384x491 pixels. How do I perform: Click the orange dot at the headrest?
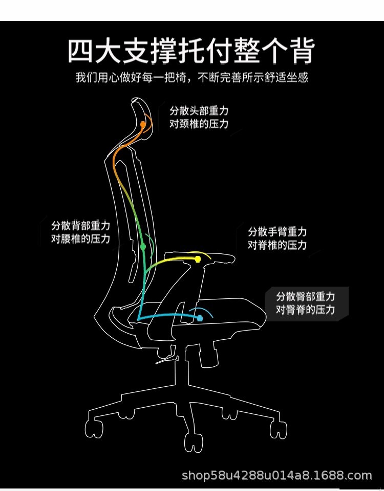coord(143,124)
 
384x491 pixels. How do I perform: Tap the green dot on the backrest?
coord(143,247)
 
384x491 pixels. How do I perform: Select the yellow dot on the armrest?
coord(198,259)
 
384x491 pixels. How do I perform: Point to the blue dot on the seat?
coord(200,318)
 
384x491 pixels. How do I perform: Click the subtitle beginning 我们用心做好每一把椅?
coord(191,78)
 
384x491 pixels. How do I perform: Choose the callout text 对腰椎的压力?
coord(80,239)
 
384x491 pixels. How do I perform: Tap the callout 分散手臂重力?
coord(277,231)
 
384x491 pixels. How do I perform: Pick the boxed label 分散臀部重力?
coord(306,296)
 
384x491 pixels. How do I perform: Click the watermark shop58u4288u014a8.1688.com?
coord(277,476)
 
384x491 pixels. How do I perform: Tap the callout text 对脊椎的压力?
coord(277,245)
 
